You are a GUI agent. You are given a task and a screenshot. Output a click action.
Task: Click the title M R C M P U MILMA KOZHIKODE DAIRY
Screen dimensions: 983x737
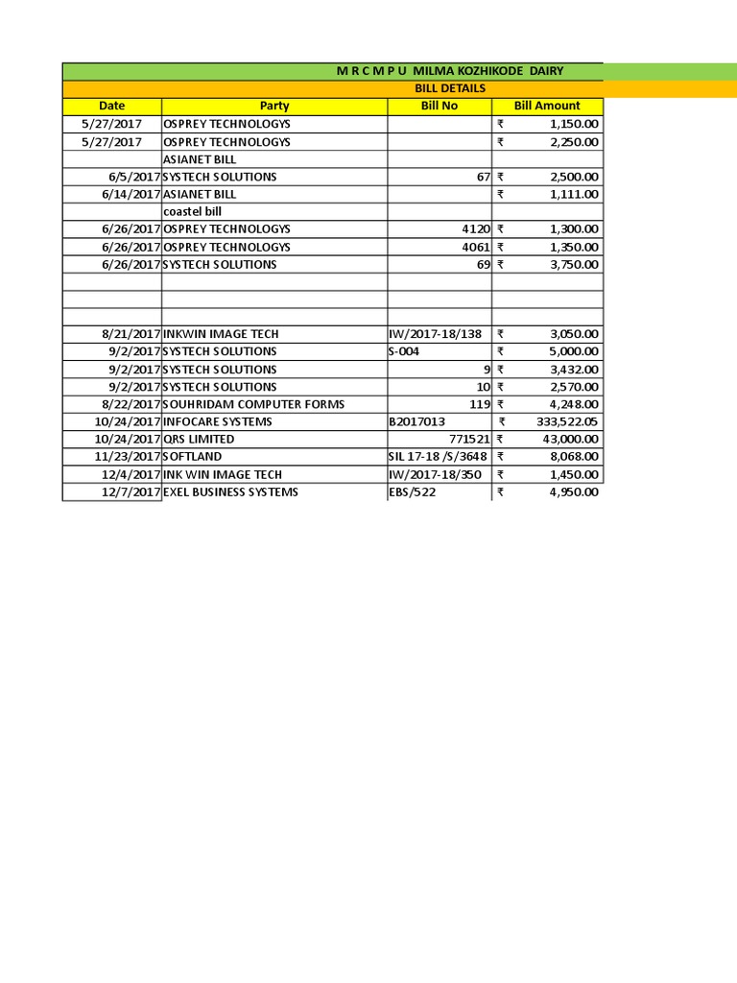[x=449, y=71]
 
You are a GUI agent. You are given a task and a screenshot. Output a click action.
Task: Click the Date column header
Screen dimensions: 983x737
[x=111, y=106]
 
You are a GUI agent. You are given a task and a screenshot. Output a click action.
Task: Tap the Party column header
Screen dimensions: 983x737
[x=273, y=106]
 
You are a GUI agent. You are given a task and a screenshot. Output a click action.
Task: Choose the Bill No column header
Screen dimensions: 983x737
[x=439, y=106]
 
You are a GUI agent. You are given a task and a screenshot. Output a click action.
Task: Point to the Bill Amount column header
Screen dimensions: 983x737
[x=547, y=106]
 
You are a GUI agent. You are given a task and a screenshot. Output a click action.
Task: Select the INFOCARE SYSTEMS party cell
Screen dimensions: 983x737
[x=218, y=421]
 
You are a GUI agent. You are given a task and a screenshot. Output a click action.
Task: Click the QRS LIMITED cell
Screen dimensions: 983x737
[x=199, y=439]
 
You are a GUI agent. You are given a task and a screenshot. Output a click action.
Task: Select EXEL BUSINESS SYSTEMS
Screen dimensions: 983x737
[x=230, y=491]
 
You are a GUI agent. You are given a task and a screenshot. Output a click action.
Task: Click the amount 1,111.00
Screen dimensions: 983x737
[x=574, y=194]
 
